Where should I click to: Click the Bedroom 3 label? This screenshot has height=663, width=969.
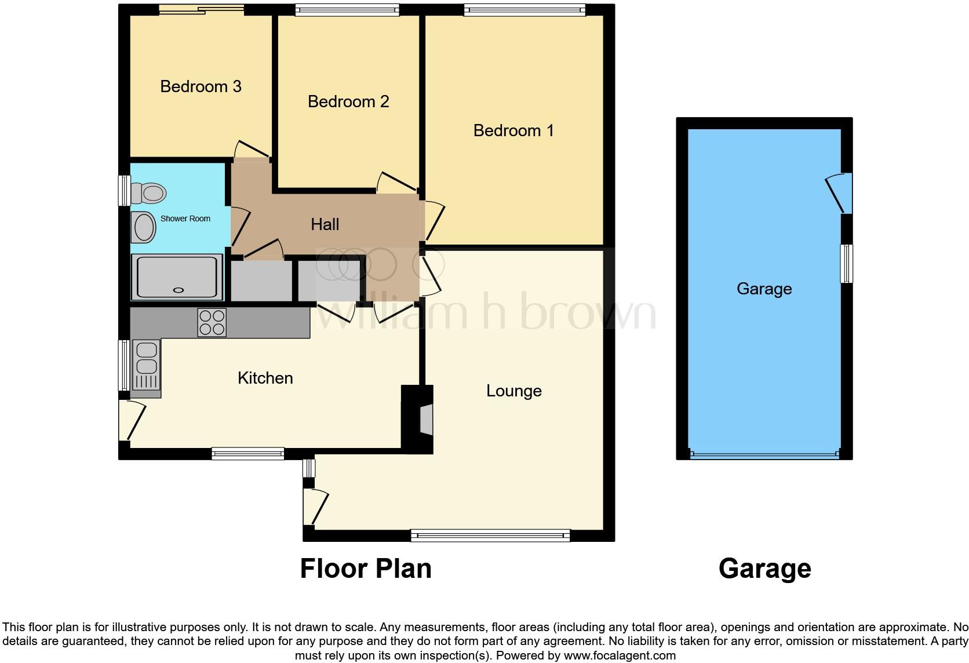pyautogui.click(x=201, y=87)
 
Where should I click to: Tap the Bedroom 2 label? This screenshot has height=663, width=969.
pyautogui.click(x=348, y=102)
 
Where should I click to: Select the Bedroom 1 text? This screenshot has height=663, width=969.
pyautogui.click(x=513, y=131)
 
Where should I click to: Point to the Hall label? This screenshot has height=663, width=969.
pyautogui.click(x=325, y=225)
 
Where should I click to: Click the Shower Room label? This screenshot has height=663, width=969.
pyautogui.click(x=185, y=218)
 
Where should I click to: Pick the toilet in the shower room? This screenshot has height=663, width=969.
pyautogui.click(x=148, y=192)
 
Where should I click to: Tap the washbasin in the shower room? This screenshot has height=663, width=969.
pyautogui.click(x=143, y=227)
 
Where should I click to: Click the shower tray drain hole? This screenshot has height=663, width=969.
pyautogui.click(x=178, y=290)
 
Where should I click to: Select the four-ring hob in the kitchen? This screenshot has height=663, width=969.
pyautogui.click(x=212, y=323)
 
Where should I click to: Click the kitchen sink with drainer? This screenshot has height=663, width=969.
pyautogui.click(x=145, y=366)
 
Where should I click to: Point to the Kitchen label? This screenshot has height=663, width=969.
pyautogui.click(x=265, y=378)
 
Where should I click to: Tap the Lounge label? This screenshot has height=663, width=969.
pyautogui.click(x=513, y=391)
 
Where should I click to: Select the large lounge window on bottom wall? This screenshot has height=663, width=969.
pyautogui.click(x=490, y=536)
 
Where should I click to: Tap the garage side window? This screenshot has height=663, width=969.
pyautogui.click(x=847, y=264)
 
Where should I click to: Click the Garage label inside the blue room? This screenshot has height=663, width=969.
pyautogui.click(x=764, y=289)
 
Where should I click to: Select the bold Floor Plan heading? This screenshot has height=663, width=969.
pyautogui.click(x=366, y=569)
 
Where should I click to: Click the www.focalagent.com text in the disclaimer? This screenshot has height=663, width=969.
pyautogui.click(x=619, y=656)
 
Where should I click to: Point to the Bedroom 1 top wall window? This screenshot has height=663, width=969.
pyautogui.click(x=524, y=9)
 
